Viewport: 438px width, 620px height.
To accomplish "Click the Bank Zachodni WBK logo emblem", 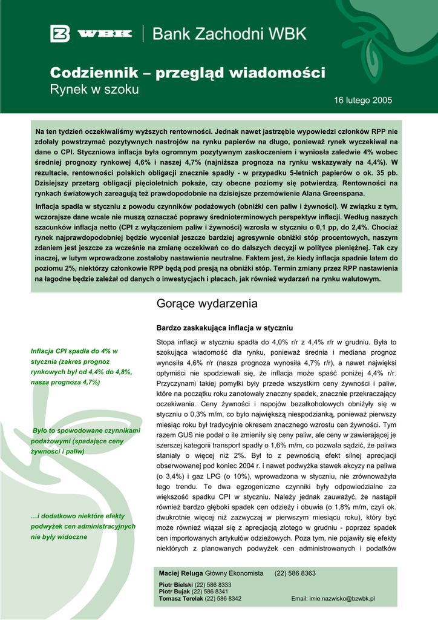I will point(60,34).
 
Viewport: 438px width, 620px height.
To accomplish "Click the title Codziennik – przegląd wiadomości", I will point(187,73).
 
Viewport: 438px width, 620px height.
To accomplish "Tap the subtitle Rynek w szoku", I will point(94,90).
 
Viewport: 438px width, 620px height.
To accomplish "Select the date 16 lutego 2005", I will point(363,100).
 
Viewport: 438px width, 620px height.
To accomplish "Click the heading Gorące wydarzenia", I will point(207,303).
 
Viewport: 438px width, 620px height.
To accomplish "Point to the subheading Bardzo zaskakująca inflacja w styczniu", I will point(224,327).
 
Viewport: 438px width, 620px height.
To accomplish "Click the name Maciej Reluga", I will point(181,573).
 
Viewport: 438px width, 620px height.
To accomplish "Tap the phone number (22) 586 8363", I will point(295,573).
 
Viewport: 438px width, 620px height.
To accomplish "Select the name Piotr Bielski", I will point(174,584).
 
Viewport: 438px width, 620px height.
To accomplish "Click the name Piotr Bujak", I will point(173,591).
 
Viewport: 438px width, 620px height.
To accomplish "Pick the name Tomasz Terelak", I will point(181,598).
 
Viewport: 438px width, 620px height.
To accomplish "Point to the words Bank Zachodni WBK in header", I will point(229,35).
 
